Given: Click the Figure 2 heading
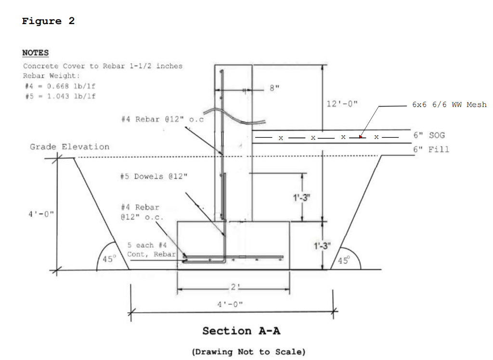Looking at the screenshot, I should pos(48,21).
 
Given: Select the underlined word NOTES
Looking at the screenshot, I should pos(35,53).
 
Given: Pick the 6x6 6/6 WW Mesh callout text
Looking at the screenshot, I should pos(449,105).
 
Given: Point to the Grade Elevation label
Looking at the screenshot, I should pos(69,147).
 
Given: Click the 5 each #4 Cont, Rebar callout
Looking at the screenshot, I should pos(151,250).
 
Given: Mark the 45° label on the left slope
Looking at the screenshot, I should pos(109,259).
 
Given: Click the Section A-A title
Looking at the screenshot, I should pos(241,331).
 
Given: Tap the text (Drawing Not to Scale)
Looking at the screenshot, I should pos(248,352).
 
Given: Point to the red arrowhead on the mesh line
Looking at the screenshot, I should pos(360,137).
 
